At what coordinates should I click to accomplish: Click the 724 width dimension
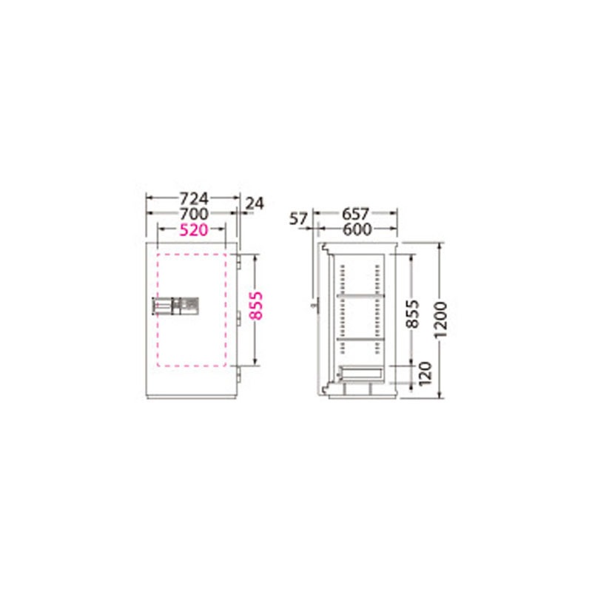(x=195, y=198)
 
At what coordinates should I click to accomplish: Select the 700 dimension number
(x=194, y=214)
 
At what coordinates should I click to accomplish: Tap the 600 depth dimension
(x=357, y=229)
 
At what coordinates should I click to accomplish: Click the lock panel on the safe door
(x=176, y=305)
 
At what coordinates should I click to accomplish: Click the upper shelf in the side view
(x=360, y=297)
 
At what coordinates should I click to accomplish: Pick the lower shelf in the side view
(x=360, y=339)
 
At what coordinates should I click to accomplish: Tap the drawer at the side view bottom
(x=360, y=374)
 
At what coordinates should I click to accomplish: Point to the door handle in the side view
(x=314, y=303)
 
